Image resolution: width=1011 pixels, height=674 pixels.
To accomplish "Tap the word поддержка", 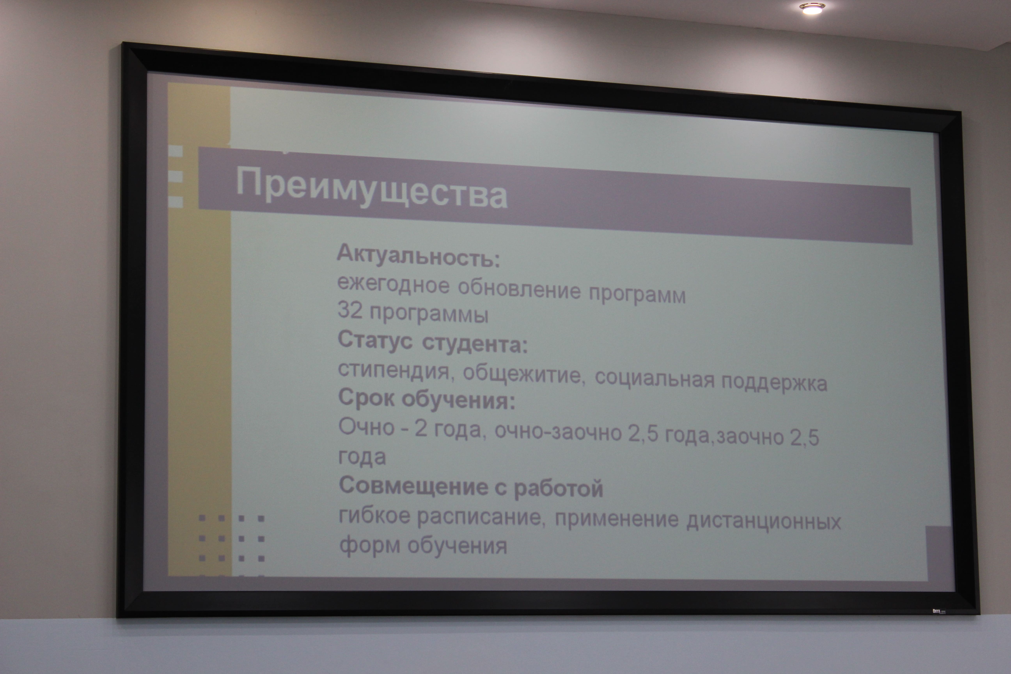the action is [x=774, y=382].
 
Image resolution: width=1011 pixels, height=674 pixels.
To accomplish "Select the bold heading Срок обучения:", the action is [x=427, y=399].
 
